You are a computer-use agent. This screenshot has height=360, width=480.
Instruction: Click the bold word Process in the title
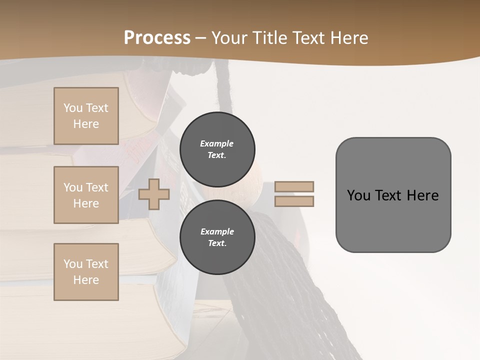[x=157, y=38]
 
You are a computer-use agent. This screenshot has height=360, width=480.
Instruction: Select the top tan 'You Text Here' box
[x=86, y=116]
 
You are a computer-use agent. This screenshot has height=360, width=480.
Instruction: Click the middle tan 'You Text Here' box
[x=86, y=195]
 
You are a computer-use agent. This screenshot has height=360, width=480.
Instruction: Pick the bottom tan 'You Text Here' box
[x=86, y=272]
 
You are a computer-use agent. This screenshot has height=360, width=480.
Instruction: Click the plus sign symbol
[x=154, y=194]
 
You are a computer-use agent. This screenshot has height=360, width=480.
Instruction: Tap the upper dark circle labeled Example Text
[x=217, y=149]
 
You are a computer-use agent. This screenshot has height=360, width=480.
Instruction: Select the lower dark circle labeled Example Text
[x=217, y=237]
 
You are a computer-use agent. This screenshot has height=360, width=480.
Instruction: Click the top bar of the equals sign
[x=294, y=186]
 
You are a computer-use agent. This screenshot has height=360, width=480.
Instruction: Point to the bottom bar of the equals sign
[x=294, y=201]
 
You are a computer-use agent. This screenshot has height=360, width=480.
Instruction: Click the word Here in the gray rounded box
[x=422, y=195]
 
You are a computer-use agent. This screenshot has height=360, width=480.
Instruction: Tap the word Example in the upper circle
[x=217, y=143]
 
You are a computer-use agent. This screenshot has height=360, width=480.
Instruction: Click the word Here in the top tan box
[x=86, y=124]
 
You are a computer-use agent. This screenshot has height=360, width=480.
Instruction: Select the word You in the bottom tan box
[x=73, y=264]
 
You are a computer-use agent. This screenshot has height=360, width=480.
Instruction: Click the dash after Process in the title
[x=200, y=38]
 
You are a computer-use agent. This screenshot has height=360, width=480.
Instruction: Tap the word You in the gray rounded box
[x=359, y=195]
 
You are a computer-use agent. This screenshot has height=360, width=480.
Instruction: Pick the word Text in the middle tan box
[x=96, y=187]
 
